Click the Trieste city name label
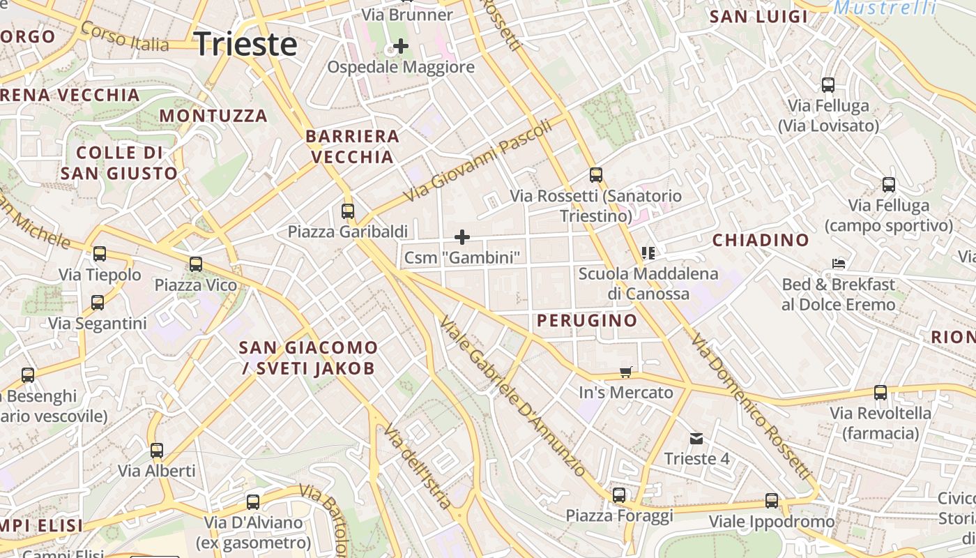click(245, 45)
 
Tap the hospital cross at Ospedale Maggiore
click(401, 47)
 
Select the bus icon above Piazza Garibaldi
click(348, 211)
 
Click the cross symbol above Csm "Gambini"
click(462, 237)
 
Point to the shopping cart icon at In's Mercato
click(626, 372)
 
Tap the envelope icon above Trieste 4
click(696, 439)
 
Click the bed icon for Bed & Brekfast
click(839, 264)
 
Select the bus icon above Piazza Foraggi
click(619, 495)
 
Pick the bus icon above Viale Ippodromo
click(772, 501)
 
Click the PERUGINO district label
click(587, 321)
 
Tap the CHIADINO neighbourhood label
click(761, 241)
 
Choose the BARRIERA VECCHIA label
click(353, 146)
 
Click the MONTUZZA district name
click(213, 116)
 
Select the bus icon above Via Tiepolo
click(100, 254)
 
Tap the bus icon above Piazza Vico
click(196, 264)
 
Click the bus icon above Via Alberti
click(157, 451)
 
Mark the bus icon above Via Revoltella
click(880, 393)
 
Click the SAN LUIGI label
click(758, 17)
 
